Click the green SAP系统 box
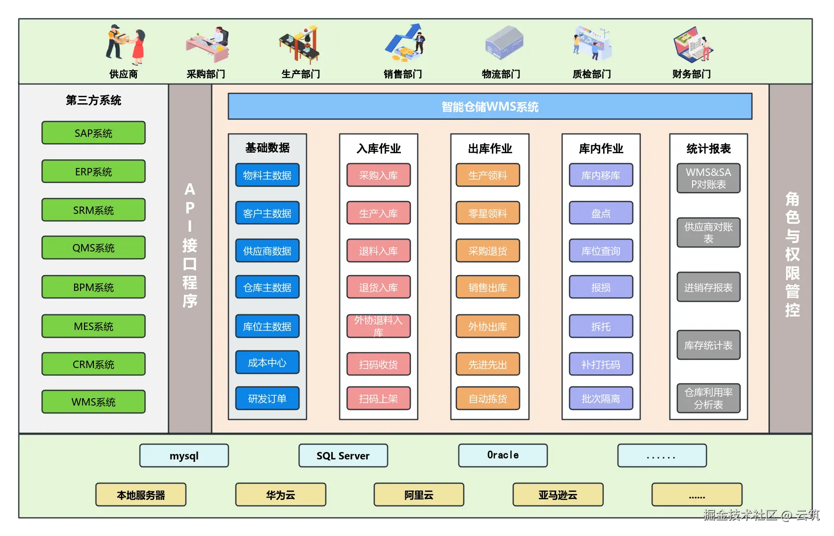click(93, 133)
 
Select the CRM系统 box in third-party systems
click(93, 364)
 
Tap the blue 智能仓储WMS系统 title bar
click(489, 107)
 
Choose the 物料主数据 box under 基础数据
click(267, 175)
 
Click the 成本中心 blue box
click(267, 363)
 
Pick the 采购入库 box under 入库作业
click(379, 175)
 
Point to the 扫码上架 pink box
click(379, 399)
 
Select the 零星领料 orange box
click(488, 213)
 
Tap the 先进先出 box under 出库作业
click(488, 365)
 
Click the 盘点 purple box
click(601, 213)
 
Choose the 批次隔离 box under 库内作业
click(601, 399)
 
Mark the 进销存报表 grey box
click(708, 288)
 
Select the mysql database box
click(184, 455)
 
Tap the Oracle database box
click(503, 455)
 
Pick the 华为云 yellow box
click(281, 495)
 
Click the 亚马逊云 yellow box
click(558, 495)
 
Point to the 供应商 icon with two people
click(126, 45)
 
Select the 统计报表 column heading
click(708, 149)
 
